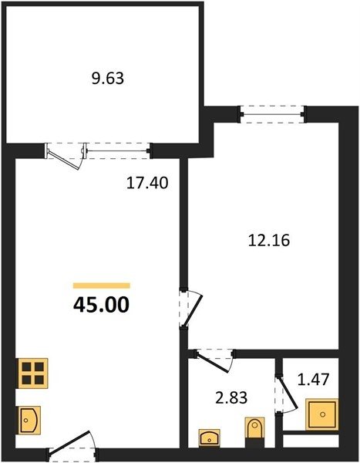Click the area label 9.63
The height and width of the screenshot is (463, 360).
[108, 79]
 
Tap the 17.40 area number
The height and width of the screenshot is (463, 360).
[147, 183]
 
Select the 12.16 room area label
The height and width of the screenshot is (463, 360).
[269, 240]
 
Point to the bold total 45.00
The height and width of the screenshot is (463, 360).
[101, 305]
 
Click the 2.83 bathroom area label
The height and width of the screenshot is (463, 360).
[231, 397]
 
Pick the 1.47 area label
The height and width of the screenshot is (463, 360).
[313, 380]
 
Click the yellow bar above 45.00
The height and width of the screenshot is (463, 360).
[102, 286]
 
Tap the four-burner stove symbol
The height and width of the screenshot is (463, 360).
[33, 373]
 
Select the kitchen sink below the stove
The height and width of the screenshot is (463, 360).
[29, 420]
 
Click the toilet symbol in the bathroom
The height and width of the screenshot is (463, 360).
[255, 428]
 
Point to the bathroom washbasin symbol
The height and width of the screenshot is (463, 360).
[210, 438]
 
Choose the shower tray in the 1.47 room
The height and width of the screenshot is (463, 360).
[322, 414]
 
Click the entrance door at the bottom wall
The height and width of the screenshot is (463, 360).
[72, 445]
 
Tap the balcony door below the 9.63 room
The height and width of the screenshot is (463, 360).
[66, 156]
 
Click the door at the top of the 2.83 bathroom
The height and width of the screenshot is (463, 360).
[214, 360]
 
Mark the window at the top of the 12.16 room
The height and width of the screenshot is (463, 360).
[272, 114]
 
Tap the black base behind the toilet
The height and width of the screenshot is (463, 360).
[255, 443]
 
